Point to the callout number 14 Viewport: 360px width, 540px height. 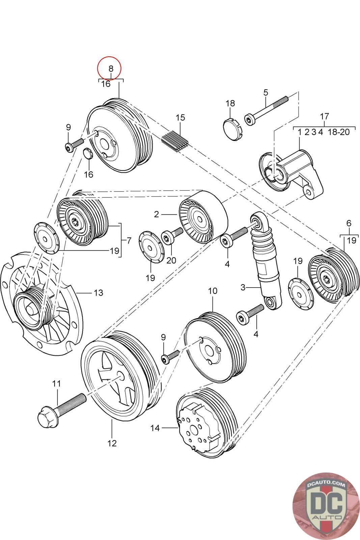pyautogui.click(x=155, y=428)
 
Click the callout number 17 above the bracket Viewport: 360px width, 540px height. pyautogui.click(x=324, y=116)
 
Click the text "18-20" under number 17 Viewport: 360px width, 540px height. pyautogui.click(x=338, y=132)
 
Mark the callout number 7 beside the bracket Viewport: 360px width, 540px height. pyautogui.click(x=129, y=241)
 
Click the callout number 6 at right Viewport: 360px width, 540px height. pyautogui.click(x=349, y=223)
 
